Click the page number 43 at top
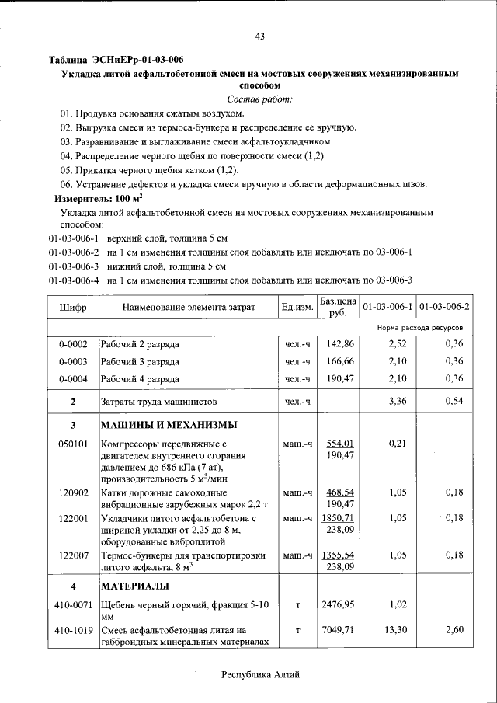tap(259, 36)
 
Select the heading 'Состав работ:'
tap(259, 99)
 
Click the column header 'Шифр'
tap(73, 308)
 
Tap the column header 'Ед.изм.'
tap(297, 308)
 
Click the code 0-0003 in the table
tap(73, 361)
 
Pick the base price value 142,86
tap(340, 343)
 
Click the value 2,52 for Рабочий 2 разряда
tap(397, 343)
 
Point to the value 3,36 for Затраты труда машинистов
tap(397, 401)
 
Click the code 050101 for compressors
tap(73, 444)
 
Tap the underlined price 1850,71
tap(339, 517)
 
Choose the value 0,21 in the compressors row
tap(397, 444)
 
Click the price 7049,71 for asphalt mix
tap(339, 630)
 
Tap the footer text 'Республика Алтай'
tap(259, 675)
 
